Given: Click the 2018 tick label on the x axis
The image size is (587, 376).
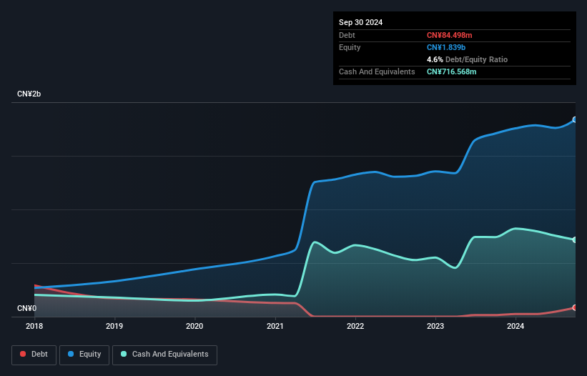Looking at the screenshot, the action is pos(34,326).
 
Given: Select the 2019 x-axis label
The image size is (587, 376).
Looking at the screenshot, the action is pos(114,326).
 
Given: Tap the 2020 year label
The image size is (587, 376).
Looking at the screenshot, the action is pos(194,326).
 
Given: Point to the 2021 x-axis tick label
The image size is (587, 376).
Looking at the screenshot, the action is pos(275,326).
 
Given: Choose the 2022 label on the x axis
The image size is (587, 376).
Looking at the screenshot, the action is pos(355,326).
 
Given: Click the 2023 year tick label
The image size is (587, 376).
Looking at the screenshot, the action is pos(435,326).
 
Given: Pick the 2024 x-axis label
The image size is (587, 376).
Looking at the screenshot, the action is pos(516,326).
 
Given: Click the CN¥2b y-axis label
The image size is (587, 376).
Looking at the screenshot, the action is pos(29,94).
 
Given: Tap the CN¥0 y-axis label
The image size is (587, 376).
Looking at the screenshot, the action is pos(26,308).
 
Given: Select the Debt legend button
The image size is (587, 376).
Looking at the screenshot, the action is pos(34,355).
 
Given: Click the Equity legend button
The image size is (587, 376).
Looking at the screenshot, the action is pos(84,355).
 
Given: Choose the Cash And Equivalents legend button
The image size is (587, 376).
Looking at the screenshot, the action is pos(164,355).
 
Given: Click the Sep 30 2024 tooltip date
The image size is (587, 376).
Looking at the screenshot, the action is pos(360,22).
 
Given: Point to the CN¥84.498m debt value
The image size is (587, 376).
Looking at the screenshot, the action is pos(449,35).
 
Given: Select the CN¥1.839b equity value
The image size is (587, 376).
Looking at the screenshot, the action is pos(446,47).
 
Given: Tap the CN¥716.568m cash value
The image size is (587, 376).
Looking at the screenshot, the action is pos(451,71).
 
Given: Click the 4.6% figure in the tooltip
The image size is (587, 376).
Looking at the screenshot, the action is pos(435,59).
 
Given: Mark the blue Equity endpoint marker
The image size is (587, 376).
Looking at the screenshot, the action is pos(575,119).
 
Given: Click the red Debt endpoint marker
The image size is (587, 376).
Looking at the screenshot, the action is pos(575,307).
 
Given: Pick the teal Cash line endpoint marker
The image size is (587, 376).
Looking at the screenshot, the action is pos(575,239).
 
